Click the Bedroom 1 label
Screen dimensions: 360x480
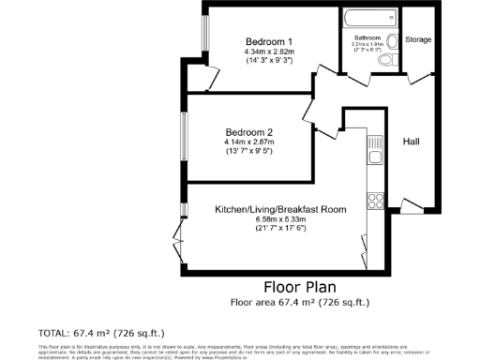(x=270, y=42)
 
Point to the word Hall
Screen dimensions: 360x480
(x=412, y=141)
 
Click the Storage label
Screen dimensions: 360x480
(x=419, y=39)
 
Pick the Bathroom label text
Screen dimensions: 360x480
(x=367, y=37)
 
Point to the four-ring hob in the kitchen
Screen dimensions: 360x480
(x=375, y=199)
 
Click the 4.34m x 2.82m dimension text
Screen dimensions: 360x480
(x=270, y=52)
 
